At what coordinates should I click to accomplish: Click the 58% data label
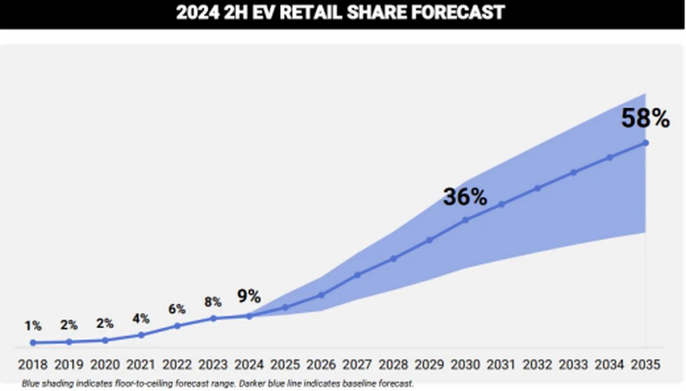tap(645, 119)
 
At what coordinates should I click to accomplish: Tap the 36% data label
tap(465, 197)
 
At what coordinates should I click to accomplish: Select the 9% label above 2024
tap(249, 296)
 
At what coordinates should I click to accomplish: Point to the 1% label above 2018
tap(33, 326)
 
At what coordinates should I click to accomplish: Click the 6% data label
tap(177, 309)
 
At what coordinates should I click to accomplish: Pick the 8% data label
tap(213, 302)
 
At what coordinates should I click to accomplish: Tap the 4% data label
tap(141, 319)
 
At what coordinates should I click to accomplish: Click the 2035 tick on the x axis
tap(645, 365)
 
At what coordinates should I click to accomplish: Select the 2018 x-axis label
tap(33, 365)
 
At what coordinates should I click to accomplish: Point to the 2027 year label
tap(357, 365)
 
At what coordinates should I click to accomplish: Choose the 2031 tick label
tap(501, 365)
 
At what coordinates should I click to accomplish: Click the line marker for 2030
tap(465, 219)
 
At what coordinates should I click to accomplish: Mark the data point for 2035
tap(646, 143)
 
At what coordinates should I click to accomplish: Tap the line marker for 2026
tap(322, 295)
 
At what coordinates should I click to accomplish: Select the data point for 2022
tap(177, 326)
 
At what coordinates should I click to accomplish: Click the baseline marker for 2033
tap(573, 172)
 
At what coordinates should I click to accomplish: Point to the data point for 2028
tap(393, 259)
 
